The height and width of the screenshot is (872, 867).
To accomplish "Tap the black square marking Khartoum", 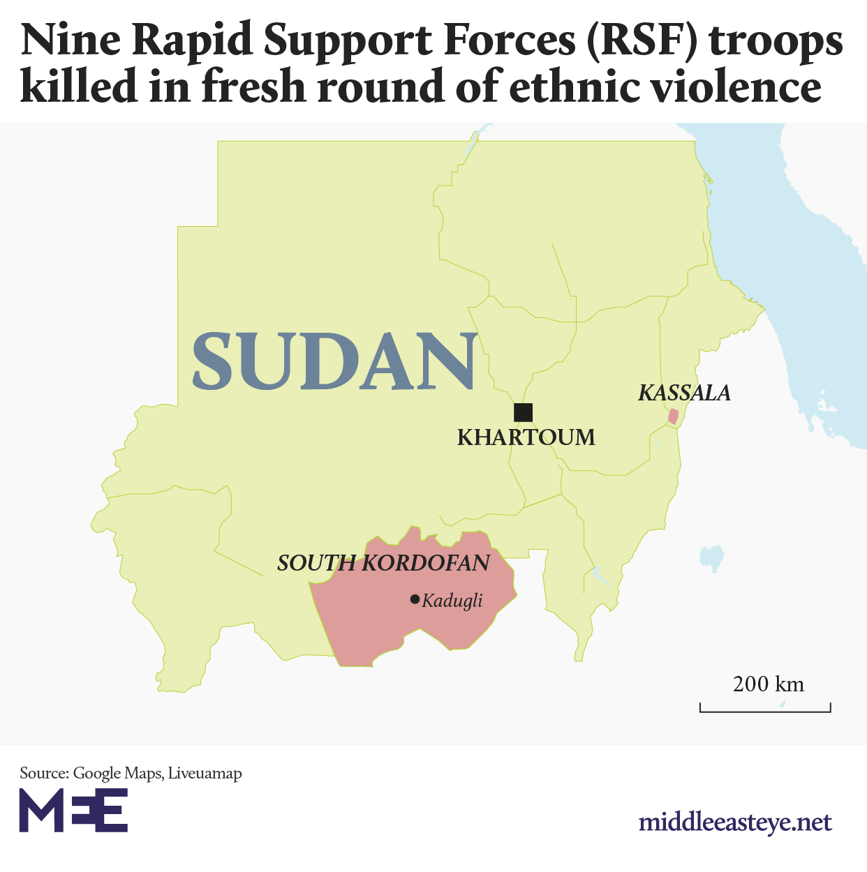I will [x=523, y=412].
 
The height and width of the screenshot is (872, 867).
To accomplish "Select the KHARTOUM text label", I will [x=526, y=437].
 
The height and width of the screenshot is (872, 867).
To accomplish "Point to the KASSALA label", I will [x=684, y=393].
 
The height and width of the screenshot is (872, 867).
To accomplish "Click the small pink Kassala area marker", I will [x=673, y=416].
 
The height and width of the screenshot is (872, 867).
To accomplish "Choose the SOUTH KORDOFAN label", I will [x=383, y=563].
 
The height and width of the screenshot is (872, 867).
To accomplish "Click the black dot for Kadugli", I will [x=415, y=599].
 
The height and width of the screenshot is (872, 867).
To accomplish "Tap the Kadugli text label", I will [x=452, y=601].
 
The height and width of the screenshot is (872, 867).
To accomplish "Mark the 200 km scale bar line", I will [x=765, y=711].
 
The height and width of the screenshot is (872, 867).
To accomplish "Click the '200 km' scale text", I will [x=768, y=684].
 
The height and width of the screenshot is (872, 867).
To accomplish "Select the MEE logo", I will [x=73, y=810].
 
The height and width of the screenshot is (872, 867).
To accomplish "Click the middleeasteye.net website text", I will [x=735, y=822].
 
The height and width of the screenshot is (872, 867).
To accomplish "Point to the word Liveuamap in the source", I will [x=205, y=774].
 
